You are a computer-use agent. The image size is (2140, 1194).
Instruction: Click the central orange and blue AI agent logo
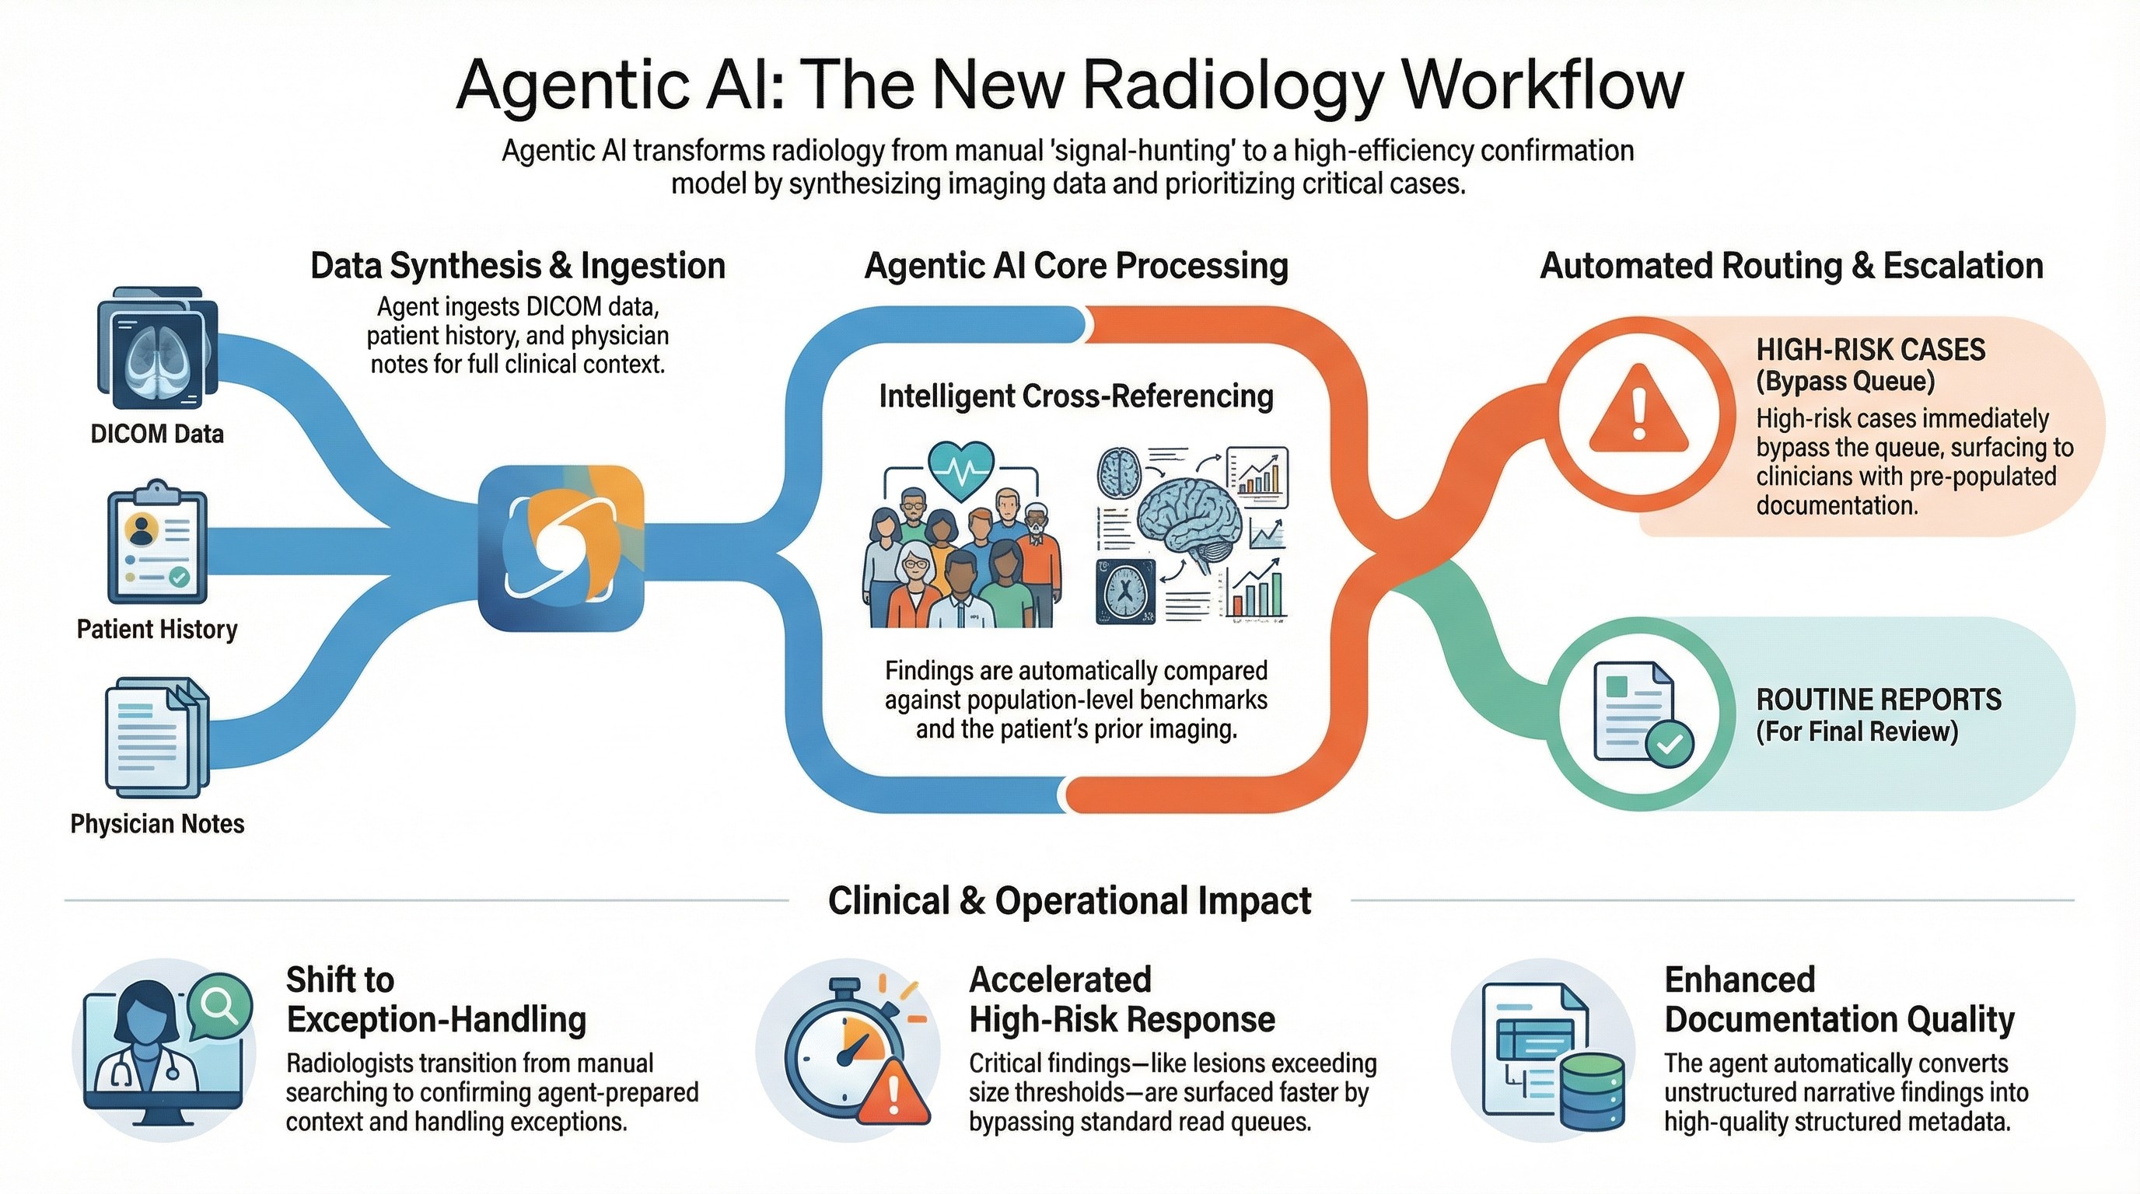pyautogui.click(x=561, y=548)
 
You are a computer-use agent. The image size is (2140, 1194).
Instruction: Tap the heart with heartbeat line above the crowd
pyautogui.click(x=961, y=470)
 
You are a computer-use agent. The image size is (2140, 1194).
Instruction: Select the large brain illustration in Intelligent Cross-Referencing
pyautogui.click(x=1190, y=520)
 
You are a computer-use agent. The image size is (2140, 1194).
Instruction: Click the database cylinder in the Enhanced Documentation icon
pyautogui.click(x=1592, y=1092)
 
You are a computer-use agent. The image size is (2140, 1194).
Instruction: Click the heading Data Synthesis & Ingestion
pyautogui.click(x=518, y=266)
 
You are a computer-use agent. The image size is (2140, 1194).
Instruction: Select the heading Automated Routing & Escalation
pyautogui.click(x=1791, y=266)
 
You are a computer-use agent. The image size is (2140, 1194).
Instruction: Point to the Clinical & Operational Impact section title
pyautogui.click(x=1069, y=901)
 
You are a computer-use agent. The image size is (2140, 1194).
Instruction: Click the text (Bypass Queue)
pyautogui.click(x=1845, y=382)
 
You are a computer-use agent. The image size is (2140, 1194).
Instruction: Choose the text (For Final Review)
pyautogui.click(x=1857, y=731)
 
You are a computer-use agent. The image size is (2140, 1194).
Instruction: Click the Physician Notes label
pyautogui.click(x=157, y=824)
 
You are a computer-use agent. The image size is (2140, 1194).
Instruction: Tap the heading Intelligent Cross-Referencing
pyautogui.click(x=1075, y=396)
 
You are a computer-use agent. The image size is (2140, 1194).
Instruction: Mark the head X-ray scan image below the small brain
pyautogui.click(x=1126, y=592)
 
